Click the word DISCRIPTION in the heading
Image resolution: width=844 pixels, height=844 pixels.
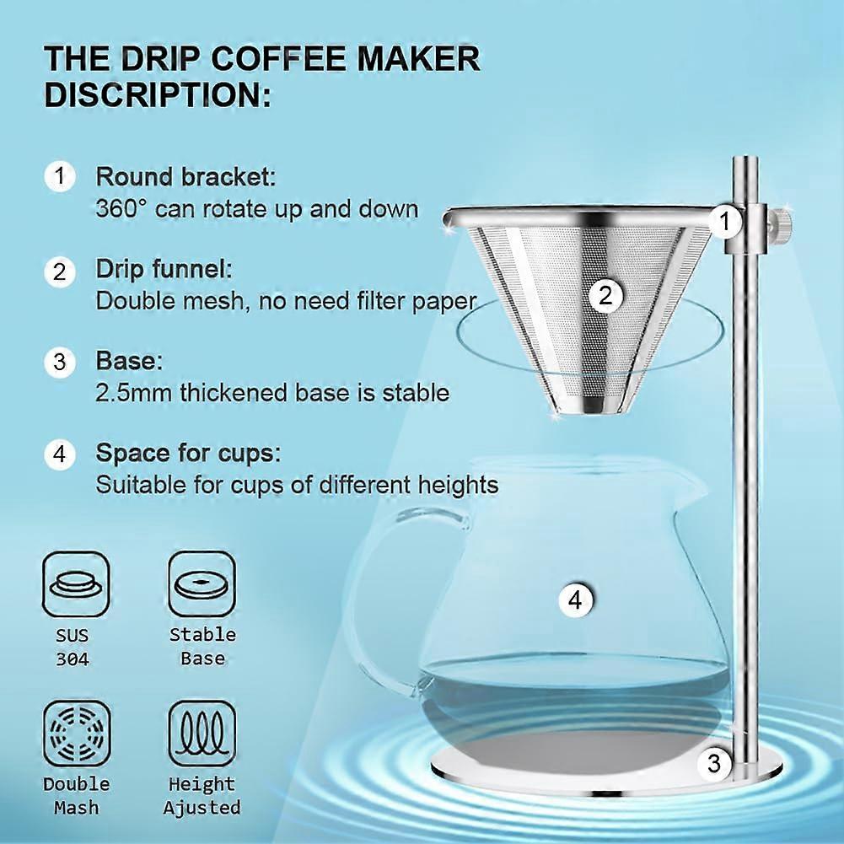(158, 94)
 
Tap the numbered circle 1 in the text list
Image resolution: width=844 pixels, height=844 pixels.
(60, 177)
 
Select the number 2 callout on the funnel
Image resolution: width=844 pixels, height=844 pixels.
(605, 295)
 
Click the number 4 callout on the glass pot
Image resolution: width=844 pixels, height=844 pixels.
(575, 601)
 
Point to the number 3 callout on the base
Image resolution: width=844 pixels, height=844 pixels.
(714, 764)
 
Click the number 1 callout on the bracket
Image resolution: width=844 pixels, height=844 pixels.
(723, 222)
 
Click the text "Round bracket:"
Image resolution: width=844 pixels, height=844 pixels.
(185, 178)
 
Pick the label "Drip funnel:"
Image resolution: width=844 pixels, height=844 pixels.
(164, 271)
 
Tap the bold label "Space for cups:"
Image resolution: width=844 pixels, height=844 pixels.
(186, 454)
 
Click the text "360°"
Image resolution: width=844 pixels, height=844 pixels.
(122, 209)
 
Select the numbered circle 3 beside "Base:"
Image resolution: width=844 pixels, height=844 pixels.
(60, 363)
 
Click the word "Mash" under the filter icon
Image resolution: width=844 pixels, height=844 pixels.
(76, 808)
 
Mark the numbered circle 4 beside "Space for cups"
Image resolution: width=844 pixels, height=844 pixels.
(60, 454)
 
